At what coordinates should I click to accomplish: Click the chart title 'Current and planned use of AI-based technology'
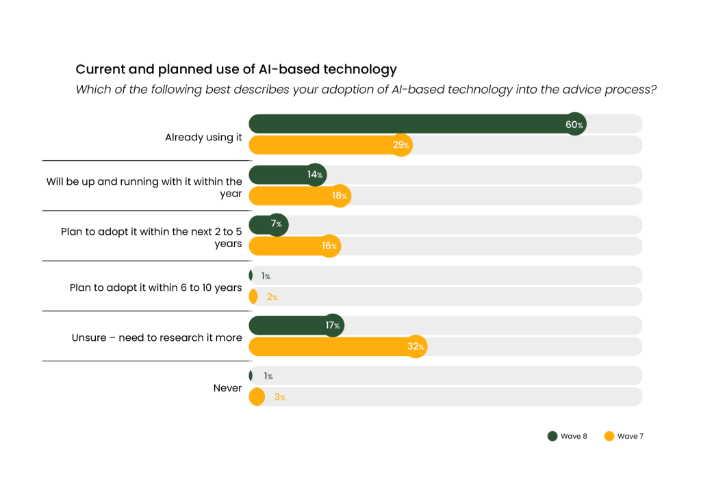coord(236,69)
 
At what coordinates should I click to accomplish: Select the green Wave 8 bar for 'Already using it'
coord(411,125)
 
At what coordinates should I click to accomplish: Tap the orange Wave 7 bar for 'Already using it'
coord(325,145)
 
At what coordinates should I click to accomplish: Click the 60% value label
coord(575,125)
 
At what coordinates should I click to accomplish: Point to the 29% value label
coord(401,145)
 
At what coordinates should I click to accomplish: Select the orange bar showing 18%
coord(294,196)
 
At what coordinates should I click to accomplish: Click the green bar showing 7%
coord(264,224)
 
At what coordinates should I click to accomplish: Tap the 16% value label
coord(329,246)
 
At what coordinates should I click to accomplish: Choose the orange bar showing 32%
coord(332,346)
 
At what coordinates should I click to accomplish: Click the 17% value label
coord(333,325)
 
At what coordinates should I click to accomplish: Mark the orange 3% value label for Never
coord(279,397)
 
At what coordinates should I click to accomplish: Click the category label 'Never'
coord(227,388)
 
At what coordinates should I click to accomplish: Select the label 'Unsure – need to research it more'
coord(157,337)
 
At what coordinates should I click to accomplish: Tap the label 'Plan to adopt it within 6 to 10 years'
coord(155,287)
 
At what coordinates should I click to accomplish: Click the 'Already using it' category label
coord(203,137)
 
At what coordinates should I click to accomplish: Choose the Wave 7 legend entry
coord(624,437)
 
